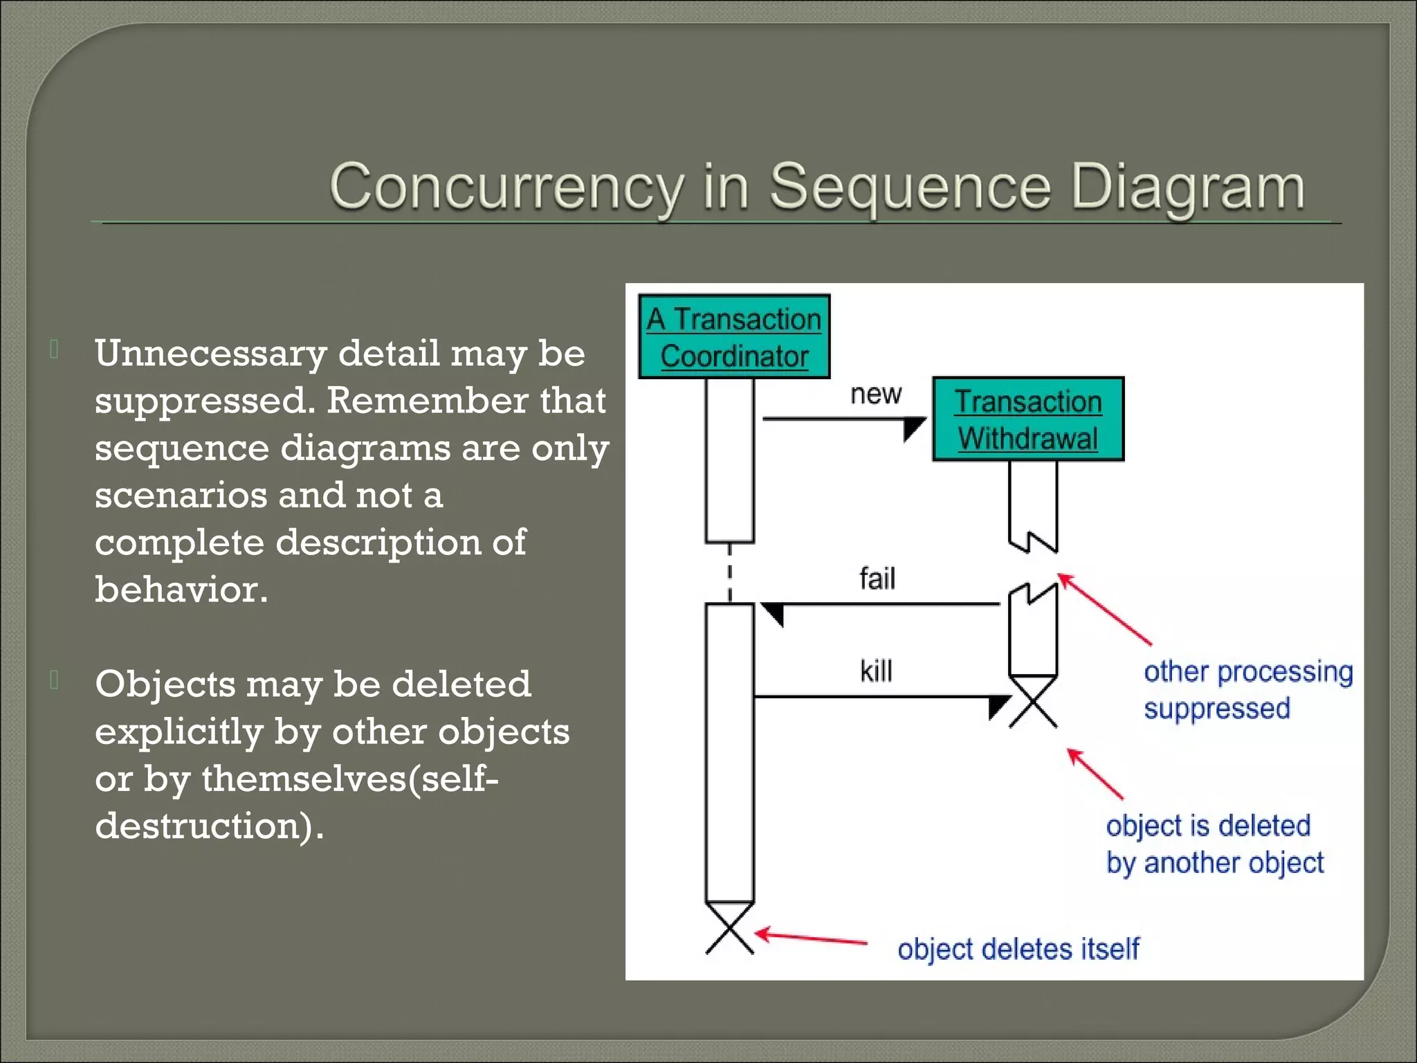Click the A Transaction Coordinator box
(x=734, y=337)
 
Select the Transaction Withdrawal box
(x=1028, y=419)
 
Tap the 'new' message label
(x=876, y=394)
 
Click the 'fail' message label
(x=877, y=579)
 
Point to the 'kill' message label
(x=876, y=671)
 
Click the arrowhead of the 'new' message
(x=913, y=426)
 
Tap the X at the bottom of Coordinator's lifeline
(x=730, y=929)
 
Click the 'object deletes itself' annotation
(x=1018, y=949)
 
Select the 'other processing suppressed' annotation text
(x=1247, y=690)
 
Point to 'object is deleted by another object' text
(x=1214, y=844)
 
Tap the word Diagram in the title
(x=1187, y=187)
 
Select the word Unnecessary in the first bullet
(x=210, y=354)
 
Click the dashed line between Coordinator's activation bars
(x=730, y=573)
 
